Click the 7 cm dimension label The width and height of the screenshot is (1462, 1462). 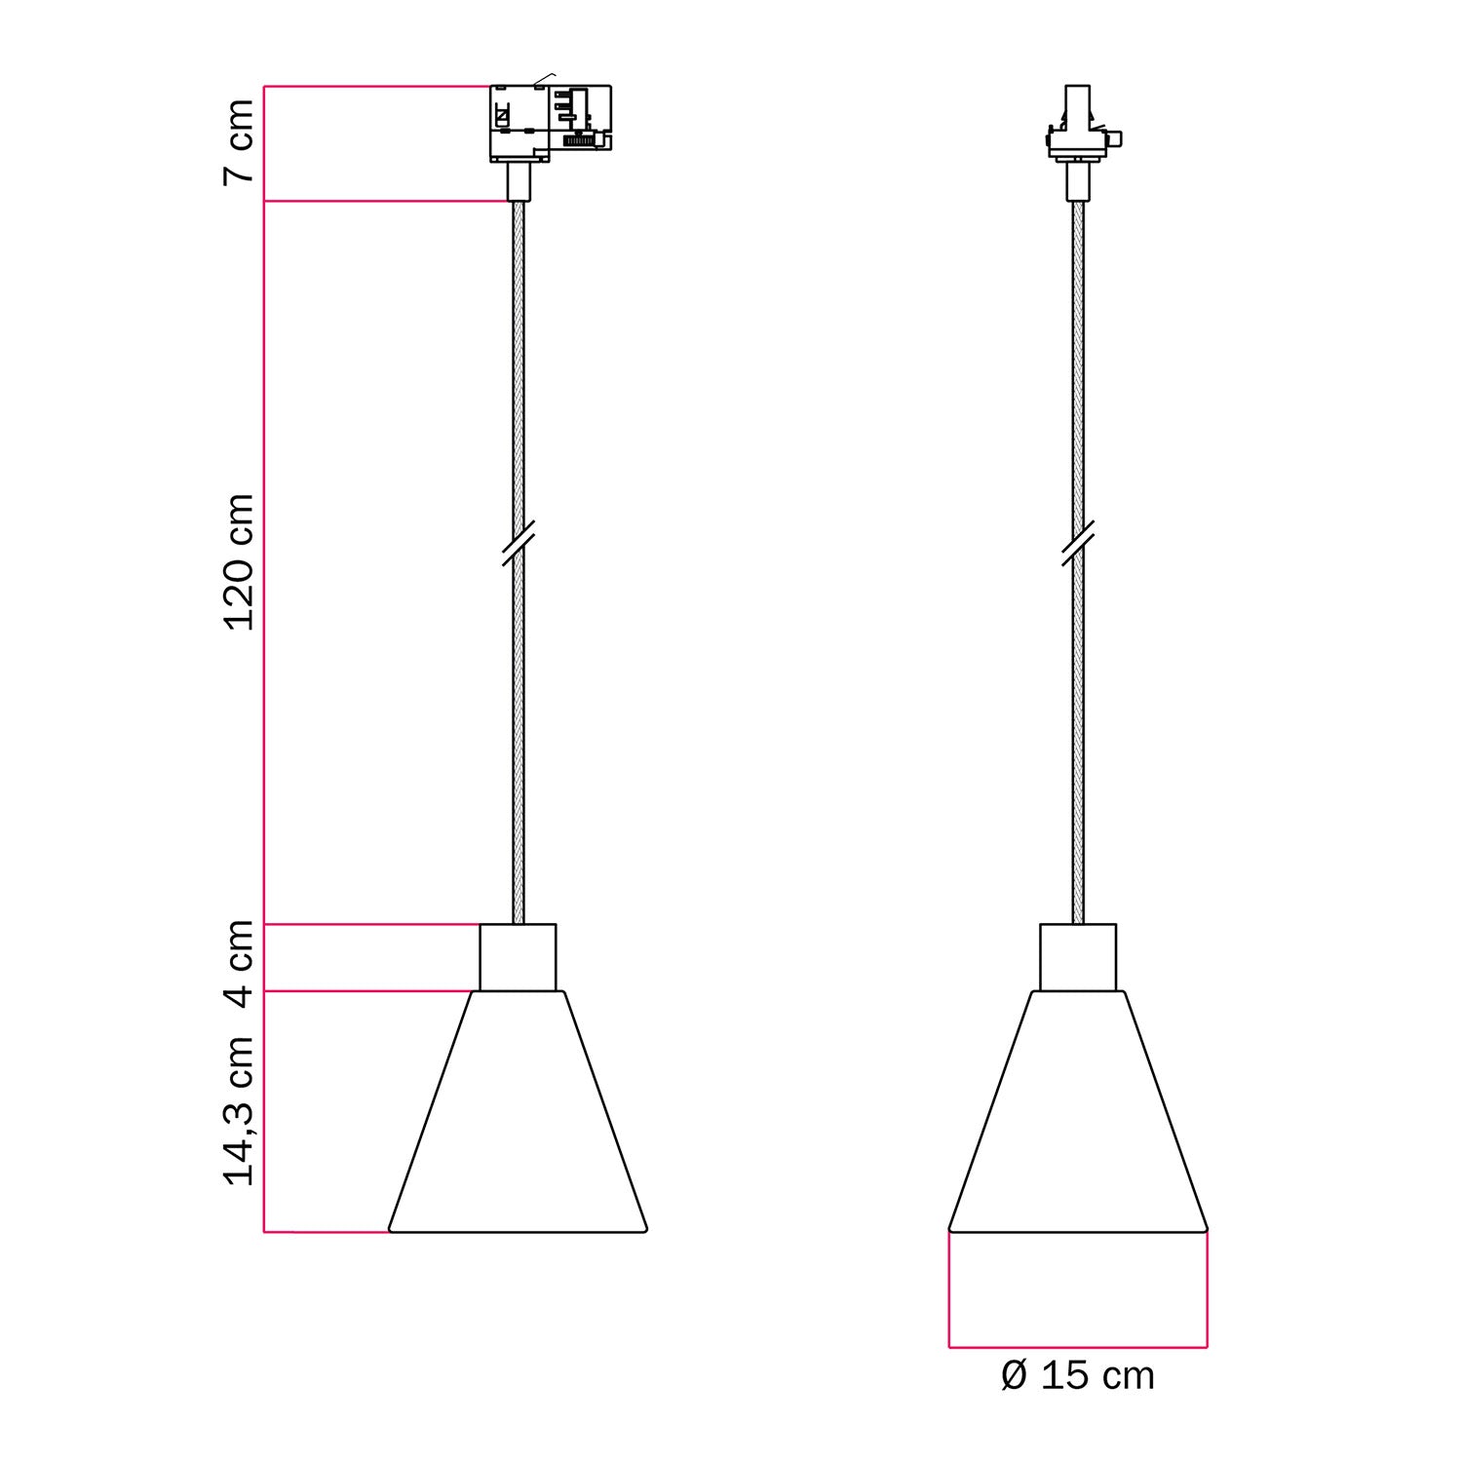click(239, 141)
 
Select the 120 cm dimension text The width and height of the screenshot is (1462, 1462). click(239, 562)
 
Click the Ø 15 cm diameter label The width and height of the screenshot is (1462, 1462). click(1078, 1375)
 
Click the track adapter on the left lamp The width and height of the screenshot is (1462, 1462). click(550, 122)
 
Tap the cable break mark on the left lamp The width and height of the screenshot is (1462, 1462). click(519, 544)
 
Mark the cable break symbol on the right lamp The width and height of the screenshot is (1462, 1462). click(1078, 544)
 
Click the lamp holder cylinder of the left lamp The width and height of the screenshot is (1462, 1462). click(518, 957)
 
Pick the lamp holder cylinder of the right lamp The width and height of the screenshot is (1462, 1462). click(1078, 957)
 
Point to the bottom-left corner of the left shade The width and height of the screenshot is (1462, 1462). click(391, 1230)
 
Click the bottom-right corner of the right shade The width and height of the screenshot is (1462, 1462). click(1206, 1229)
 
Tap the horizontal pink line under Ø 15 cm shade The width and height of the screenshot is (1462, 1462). click(1078, 1347)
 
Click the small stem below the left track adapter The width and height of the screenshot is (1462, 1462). click(519, 181)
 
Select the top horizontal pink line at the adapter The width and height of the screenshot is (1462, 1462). click(375, 87)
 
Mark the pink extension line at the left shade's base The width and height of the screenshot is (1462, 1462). click(327, 1232)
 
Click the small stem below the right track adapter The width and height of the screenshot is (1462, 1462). click(1078, 181)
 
